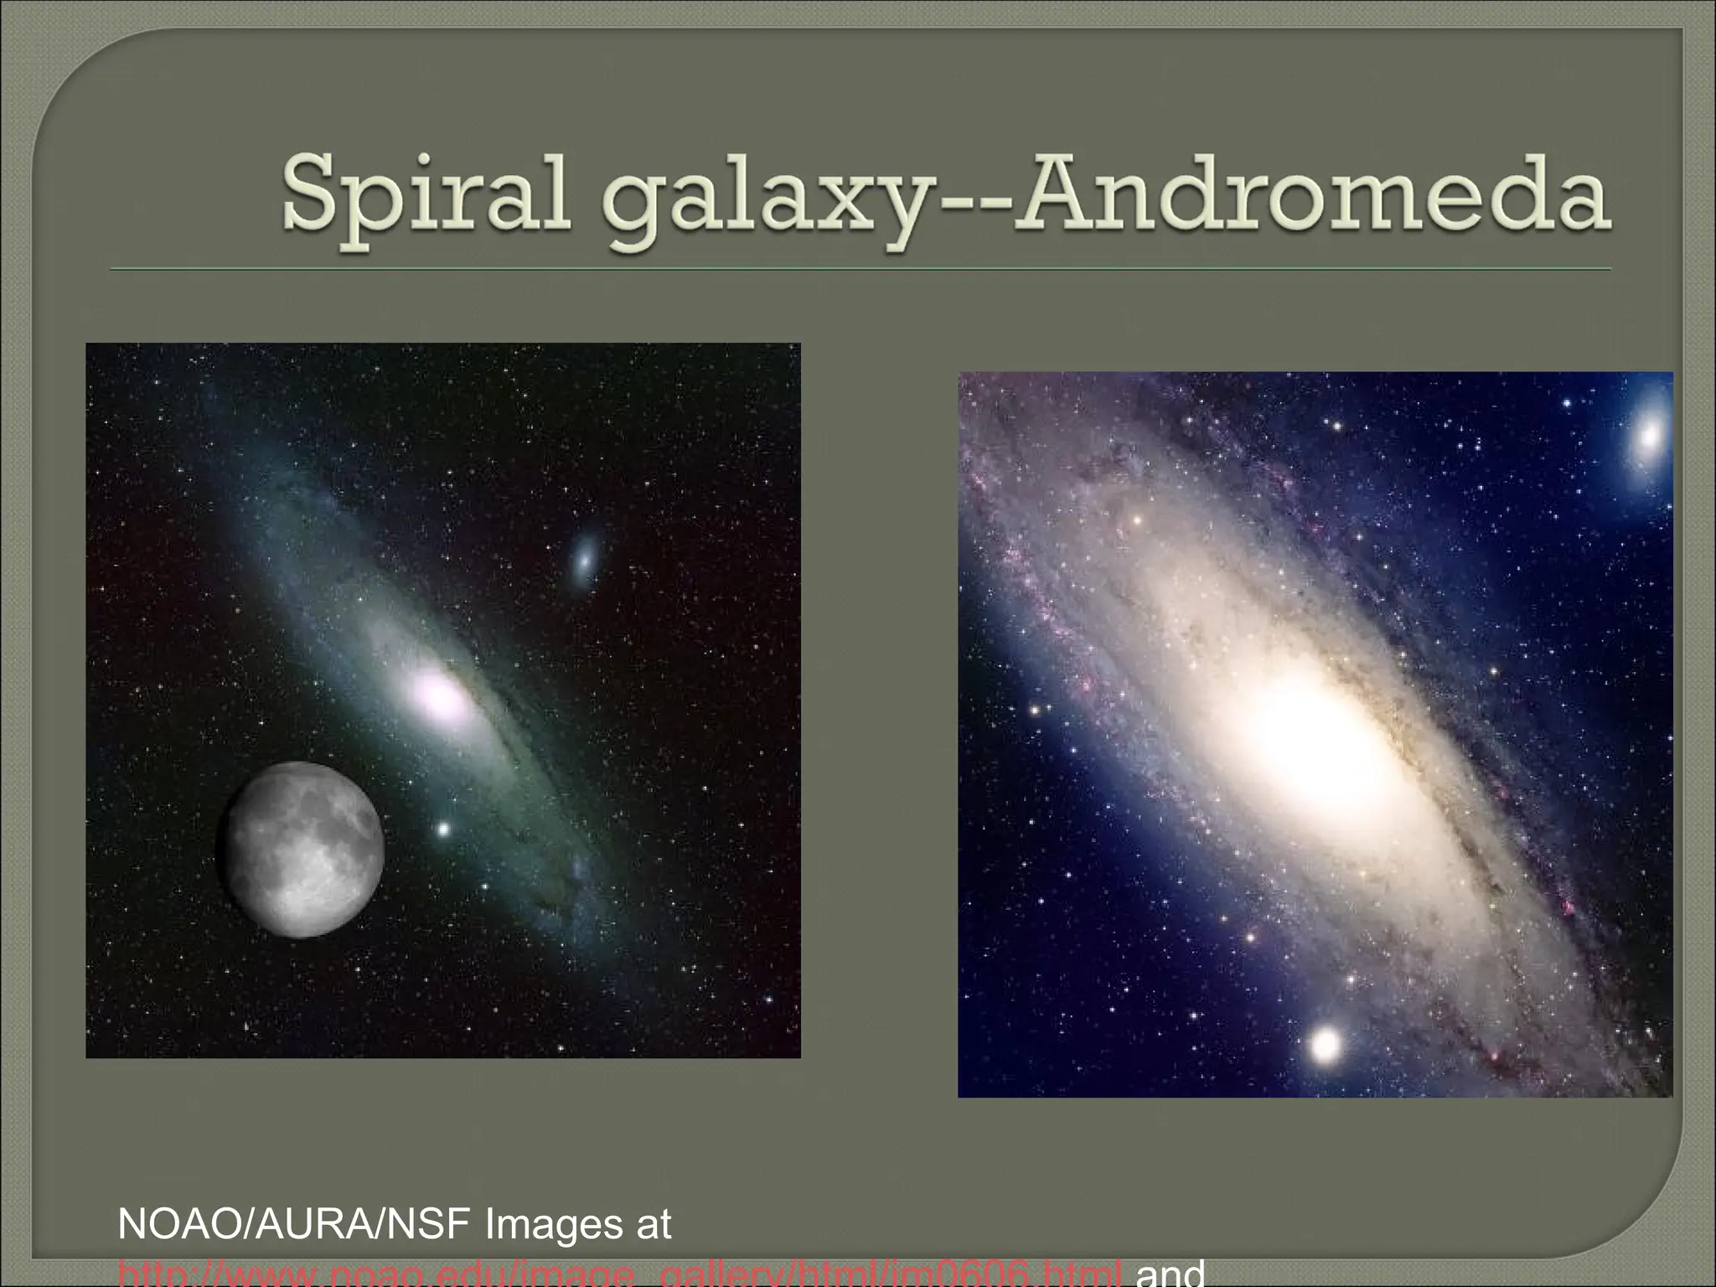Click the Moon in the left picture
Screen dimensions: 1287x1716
300,848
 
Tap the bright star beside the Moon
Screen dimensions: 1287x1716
443,830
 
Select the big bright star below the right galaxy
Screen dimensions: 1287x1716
1326,1044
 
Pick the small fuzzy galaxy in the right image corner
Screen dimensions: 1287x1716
1650,434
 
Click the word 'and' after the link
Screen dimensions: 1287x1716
1169,1275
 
